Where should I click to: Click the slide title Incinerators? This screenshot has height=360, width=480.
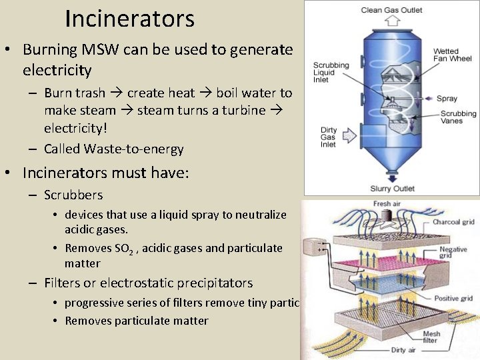[x=129, y=19]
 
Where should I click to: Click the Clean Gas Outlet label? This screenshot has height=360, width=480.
[x=391, y=10]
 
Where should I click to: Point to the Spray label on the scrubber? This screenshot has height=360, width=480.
[x=447, y=99]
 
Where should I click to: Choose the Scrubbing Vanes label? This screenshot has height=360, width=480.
[x=458, y=117]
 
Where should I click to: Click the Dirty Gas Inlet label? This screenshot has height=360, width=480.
[x=329, y=137]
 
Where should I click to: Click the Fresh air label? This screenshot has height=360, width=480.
[x=391, y=204]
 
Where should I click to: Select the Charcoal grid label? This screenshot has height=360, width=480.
[x=453, y=222]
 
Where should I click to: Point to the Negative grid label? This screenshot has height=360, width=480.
[x=453, y=252]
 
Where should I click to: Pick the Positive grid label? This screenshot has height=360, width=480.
[x=453, y=298]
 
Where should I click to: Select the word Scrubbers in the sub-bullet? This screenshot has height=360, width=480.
[x=73, y=195]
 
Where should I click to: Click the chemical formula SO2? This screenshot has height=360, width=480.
[x=122, y=248]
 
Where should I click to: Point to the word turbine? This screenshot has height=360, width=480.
[x=247, y=110]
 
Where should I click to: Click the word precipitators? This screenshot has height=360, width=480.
[x=208, y=283]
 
